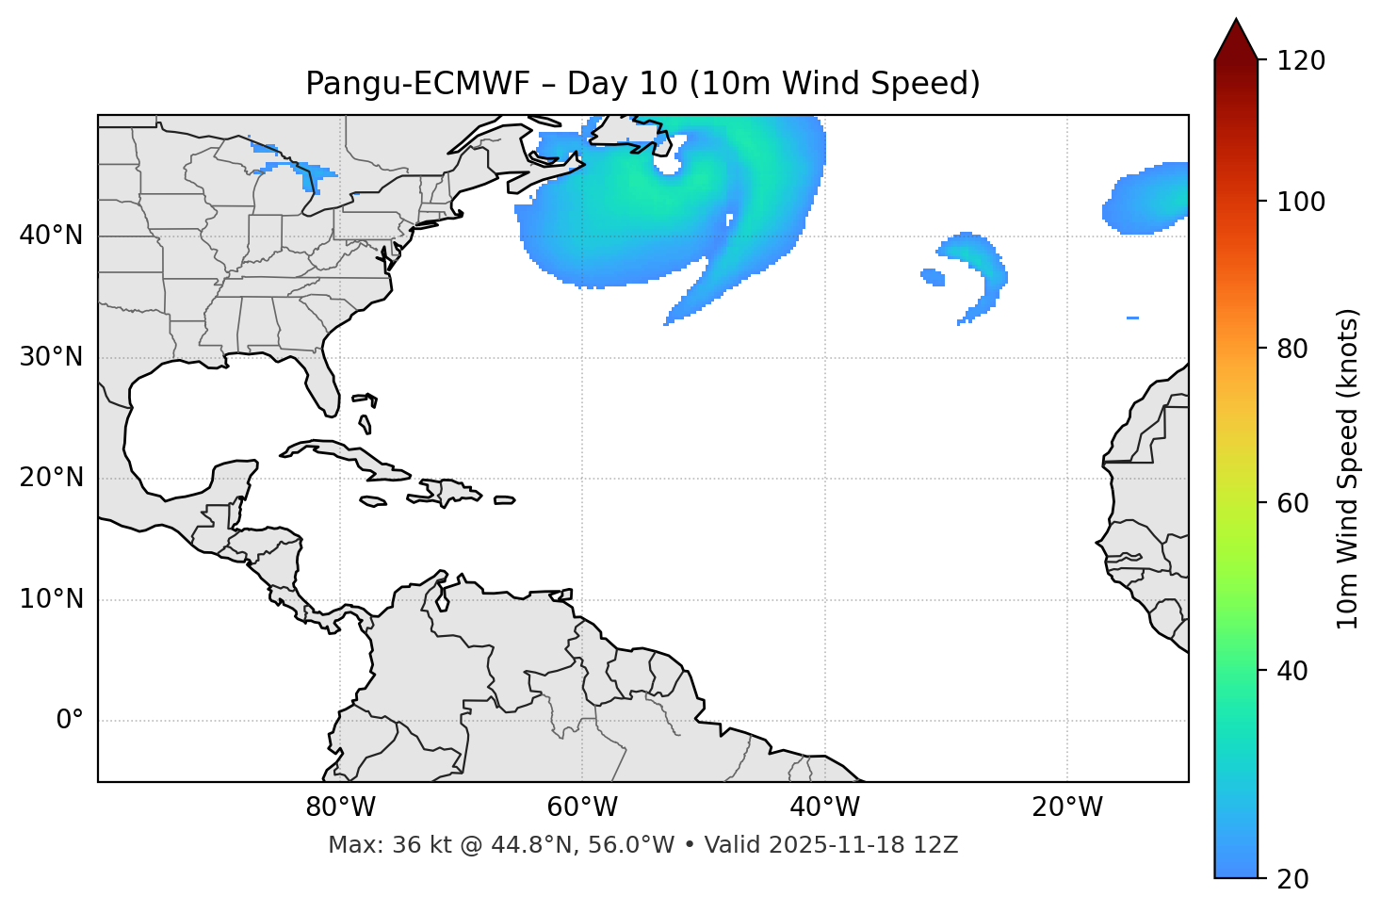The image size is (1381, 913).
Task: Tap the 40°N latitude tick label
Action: (51, 235)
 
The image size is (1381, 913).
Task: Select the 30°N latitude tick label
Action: (51, 357)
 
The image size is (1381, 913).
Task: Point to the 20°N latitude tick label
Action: (51, 478)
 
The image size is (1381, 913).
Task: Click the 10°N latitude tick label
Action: (51, 599)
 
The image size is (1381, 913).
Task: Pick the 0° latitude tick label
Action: (70, 721)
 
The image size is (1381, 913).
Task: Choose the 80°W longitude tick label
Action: (340, 807)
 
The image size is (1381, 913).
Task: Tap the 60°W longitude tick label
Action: (582, 807)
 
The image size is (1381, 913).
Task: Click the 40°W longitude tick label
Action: (824, 807)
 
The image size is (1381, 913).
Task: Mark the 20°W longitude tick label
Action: (1066, 807)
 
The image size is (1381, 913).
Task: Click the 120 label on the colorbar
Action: (1300, 60)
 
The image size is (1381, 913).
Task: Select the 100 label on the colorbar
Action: (1300, 202)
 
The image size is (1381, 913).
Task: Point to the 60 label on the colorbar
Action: (1293, 503)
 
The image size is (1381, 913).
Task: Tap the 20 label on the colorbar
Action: (1293, 878)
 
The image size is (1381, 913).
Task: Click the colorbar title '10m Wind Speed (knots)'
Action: (1348, 468)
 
